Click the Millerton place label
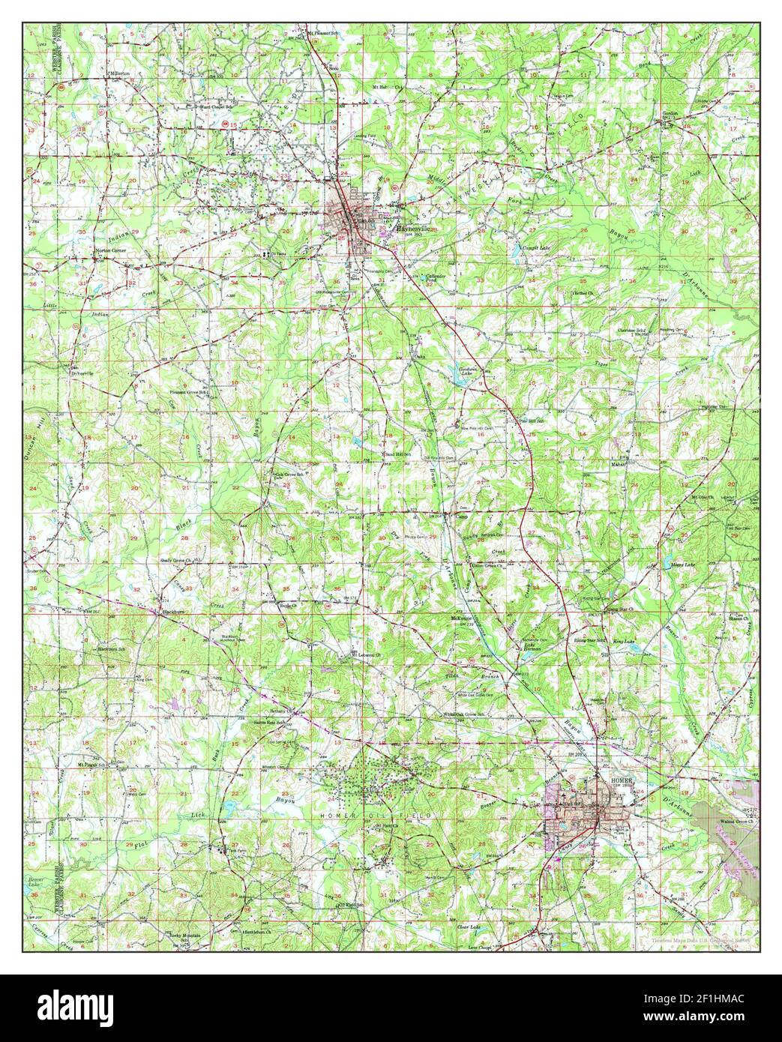pyautogui.click(x=118, y=73)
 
